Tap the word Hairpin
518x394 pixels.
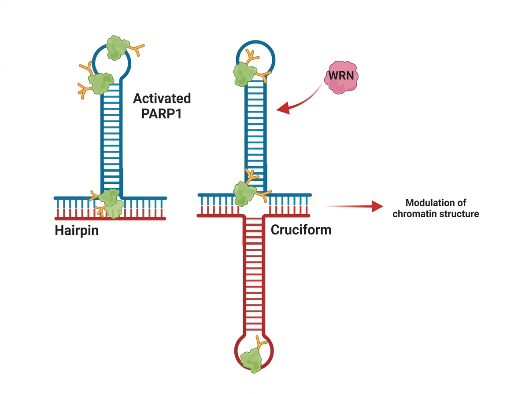pyautogui.click(x=77, y=230)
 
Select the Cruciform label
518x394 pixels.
pyautogui.click(x=301, y=230)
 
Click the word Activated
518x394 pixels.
pyautogui.click(x=162, y=98)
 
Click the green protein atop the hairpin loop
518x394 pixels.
pyautogui.click(x=117, y=47)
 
